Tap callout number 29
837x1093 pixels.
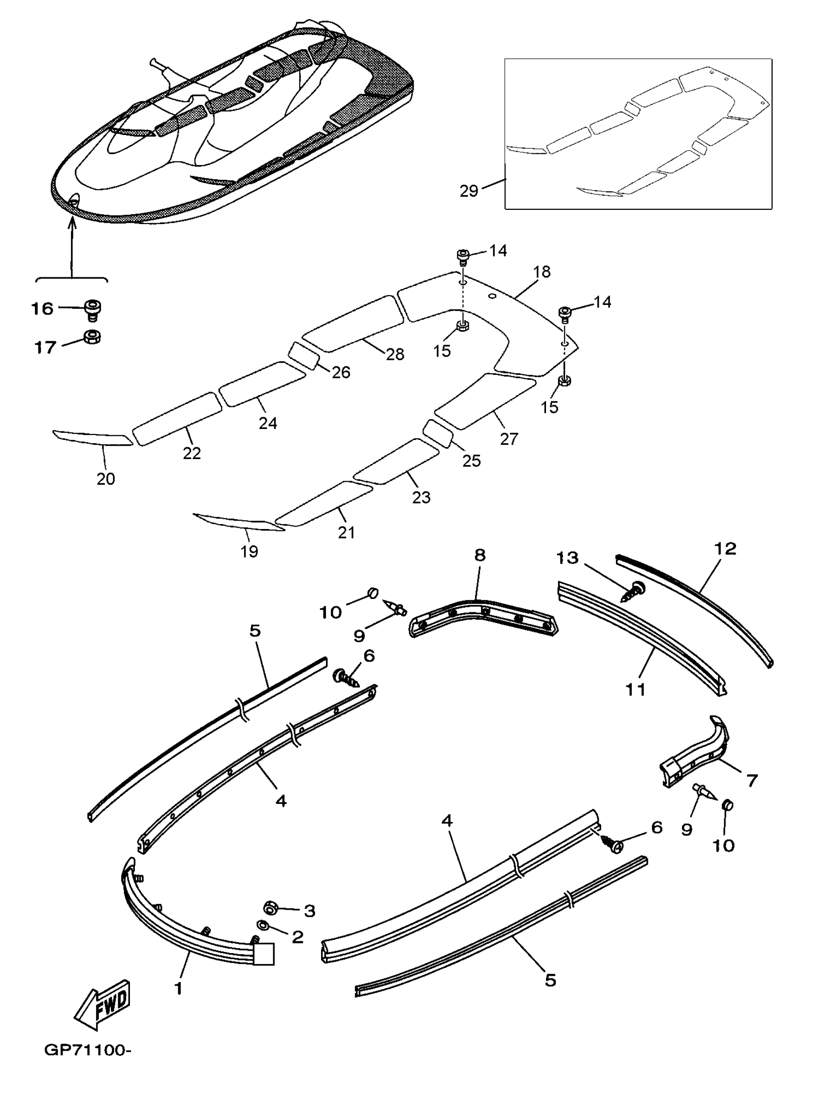pyautogui.click(x=468, y=191)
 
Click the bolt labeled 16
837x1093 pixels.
pyautogui.click(x=92, y=308)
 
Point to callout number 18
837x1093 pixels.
pyautogui.click(x=542, y=272)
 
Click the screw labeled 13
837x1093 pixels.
pyautogui.click(x=632, y=592)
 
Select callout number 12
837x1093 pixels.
pyautogui.click(x=725, y=549)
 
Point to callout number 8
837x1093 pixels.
pyautogui.click(x=480, y=555)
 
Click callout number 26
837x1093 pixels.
pyautogui.click(x=341, y=372)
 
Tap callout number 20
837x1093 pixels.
pyautogui.click(x=106, y=479)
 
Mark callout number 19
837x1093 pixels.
pyautogui.click(x=249, y=551)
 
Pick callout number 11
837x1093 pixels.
pyautogui.click(x=635, y=690)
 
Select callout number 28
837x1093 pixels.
pyautogui.click(x=395, y=354)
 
